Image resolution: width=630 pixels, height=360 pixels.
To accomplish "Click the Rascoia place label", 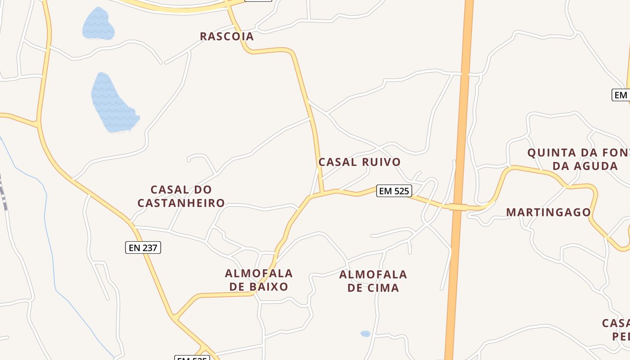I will click(x=227, y=36).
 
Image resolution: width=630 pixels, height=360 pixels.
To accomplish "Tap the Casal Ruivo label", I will click(x=359, y=162).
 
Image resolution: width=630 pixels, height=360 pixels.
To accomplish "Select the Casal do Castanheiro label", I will click(x=181, y=196).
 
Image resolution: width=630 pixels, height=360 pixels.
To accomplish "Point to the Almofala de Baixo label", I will click(x=259, y=280).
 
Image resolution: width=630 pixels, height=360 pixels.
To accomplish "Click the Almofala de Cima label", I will click(x=373, y=281).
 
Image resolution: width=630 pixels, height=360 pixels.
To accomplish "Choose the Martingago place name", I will click(x=548, y=212).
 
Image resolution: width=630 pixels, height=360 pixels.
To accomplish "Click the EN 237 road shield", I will click(x=143, y=247).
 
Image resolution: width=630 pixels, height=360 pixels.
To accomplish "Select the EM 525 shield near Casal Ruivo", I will click(x=394, y=191).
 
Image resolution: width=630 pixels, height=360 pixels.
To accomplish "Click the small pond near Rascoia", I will click(x=98, y=25).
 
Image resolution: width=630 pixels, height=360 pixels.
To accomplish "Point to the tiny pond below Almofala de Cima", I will click(x=365, y=334).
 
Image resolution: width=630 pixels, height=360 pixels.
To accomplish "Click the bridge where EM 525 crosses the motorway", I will click(x=458, y=207).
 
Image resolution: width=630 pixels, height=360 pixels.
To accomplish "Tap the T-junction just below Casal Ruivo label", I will click(x=322, y=194).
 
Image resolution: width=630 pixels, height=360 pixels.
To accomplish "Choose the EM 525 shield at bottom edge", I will click(x=192, y=358).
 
